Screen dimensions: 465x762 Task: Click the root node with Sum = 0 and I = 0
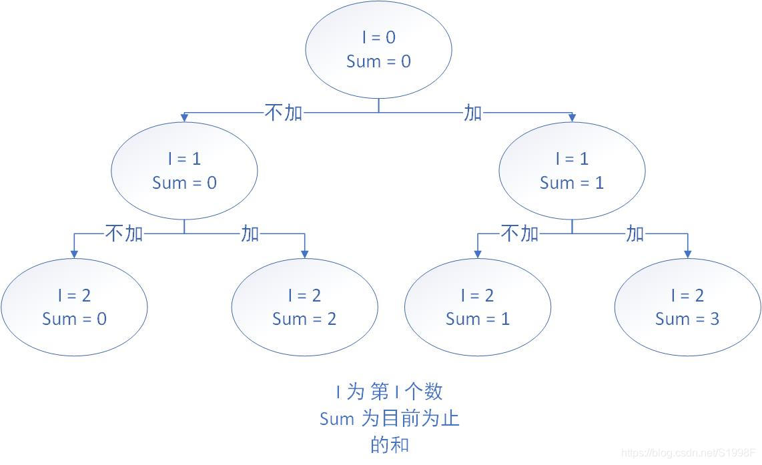pos(378,49)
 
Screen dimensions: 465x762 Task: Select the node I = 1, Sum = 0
pos(184,171)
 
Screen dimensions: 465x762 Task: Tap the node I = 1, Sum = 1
pos(572,171)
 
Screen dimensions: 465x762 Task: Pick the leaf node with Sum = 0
pos(74,308)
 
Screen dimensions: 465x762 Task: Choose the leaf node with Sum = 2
pos(304,308)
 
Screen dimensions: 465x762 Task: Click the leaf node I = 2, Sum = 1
pos(478,308)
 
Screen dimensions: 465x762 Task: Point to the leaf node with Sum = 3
pos(687,308)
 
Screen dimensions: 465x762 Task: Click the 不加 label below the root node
pos(284,113)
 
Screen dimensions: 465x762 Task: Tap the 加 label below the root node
pos(472,113)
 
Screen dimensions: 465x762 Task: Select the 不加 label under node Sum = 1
pos(519,234)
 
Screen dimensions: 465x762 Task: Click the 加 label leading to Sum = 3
pos(635,234)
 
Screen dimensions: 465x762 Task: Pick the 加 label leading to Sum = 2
pos(250,234)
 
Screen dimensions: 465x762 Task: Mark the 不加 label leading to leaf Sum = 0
pos(124,234)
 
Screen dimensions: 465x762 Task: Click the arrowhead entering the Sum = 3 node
pos(687,254)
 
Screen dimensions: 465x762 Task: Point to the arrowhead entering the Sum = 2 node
pos(304,254)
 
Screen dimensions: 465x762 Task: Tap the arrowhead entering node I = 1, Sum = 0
pos(184,117)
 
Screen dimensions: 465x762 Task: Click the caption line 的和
pos(390,444)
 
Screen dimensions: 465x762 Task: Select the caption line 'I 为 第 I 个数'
pos(390,392)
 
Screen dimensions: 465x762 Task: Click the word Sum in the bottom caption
pos(337,419)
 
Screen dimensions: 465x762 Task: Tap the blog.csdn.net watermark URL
pos(690,453)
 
